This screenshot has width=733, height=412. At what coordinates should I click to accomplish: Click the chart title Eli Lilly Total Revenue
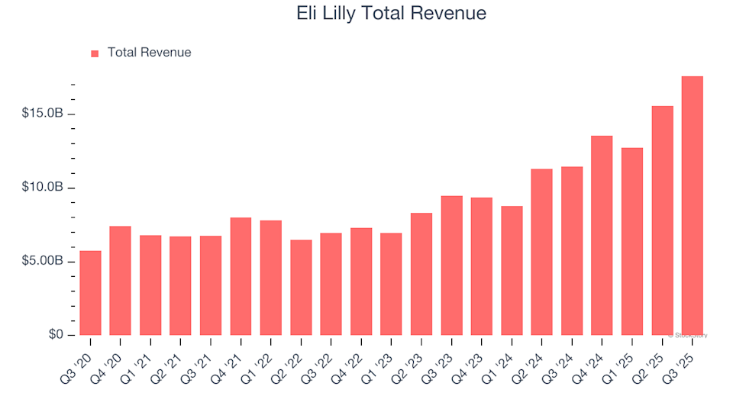390,14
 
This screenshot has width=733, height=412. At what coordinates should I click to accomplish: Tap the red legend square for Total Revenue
95,53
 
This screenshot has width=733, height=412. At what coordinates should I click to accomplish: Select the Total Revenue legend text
149,53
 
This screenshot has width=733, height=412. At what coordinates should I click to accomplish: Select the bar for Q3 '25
692,206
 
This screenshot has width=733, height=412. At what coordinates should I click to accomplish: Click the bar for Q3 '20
90,293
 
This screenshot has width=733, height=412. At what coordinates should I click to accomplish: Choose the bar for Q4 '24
602,236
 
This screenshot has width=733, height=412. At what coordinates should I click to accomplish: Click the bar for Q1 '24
512,271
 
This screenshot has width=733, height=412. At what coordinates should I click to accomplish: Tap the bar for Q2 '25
662,220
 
